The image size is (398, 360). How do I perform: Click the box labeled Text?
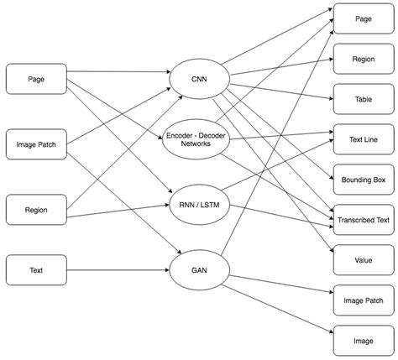pyautogui.click(x=36, y=270)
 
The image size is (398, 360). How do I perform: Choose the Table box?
pyautogui.click(x=364, y=99)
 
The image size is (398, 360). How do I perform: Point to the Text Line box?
pyautogui.click(x=364, y=139)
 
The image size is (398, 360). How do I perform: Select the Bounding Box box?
pyautogui.click(x=364, y=180)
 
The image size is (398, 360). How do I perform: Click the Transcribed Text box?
pyautogui.click(x=364, y=220)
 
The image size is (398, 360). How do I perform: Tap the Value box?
pyautogui.click(x=364, y=260)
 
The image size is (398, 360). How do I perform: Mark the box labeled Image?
pyautogui.click(x=364, y=341)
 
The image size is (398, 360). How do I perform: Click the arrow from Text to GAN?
pyautogui.click(x=118, y=270)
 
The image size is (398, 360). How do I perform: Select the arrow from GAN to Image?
pyautogui.click(x=277, y=309)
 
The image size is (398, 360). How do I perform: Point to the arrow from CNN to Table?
pyautogui.click(x=282, y=91)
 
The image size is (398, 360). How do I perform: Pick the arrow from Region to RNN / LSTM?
pyautogui.click(x=118, y=211)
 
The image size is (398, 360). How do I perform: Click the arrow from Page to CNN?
pyautogui.click(x=118, y=72)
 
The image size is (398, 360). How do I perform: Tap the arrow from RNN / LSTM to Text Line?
pyautogui.click(x=277, y=165)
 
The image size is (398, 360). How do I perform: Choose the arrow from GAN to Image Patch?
pyautogui.click(x=281, y=284)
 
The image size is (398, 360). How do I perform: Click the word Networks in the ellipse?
pyautogui.click(x=196, y=143)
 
